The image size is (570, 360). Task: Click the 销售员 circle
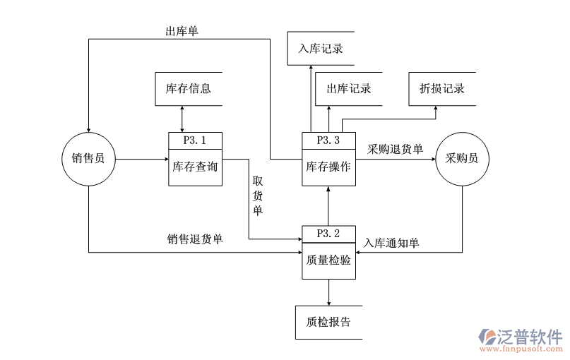pos(88,159)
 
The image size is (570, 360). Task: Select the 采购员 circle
pos(462,159)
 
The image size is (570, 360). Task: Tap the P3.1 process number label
pos(194,140)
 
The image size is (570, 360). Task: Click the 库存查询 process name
pos(194,167)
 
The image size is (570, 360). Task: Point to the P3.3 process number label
pos(328,140)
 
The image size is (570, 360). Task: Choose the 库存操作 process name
pos(328,167)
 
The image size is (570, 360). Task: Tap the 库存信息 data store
pos(188,89)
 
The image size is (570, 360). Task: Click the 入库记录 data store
pos(321,49)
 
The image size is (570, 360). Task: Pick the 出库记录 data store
pos(348,89)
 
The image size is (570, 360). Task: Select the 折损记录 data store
pos(442,89)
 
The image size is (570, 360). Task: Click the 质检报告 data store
pos(328,322)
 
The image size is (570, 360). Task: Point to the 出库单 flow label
pos(182,31)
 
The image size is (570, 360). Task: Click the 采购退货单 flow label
pos(395,149)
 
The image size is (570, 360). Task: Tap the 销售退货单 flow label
pos(195,239)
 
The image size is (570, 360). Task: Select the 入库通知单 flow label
pos(391,243)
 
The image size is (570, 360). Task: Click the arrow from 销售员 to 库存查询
pos(141,159)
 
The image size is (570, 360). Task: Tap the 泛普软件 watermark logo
pos(521,339)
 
